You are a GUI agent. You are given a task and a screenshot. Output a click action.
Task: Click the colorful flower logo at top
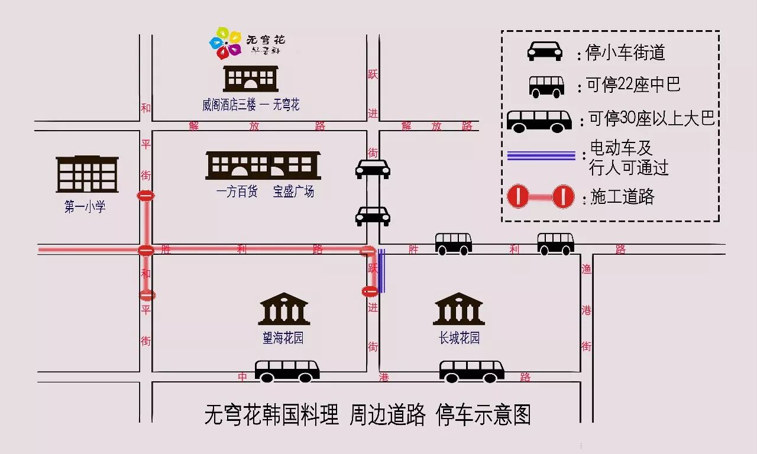click(225, 43)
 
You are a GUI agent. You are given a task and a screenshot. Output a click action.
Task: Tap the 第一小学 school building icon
click(87, 174)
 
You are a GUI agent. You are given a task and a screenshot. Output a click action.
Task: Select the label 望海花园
click(283, 338)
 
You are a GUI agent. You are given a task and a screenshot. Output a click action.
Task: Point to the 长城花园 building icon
click(459, 309)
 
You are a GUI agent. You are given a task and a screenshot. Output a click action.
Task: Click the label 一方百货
click(237, 192)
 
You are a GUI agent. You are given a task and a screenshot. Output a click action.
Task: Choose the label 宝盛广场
click(293, 192)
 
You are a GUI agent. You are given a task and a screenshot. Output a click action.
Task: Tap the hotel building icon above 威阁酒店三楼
click(250, 78)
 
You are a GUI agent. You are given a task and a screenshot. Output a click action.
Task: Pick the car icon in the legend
click(545, 51)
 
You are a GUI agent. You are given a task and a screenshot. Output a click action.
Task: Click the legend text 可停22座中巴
click(633, 85)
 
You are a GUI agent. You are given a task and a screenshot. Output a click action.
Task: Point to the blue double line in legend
click(541, 156)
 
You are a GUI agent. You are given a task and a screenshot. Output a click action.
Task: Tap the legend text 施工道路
click(623, 197)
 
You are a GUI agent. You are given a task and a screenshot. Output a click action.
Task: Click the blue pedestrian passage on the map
click(381, 271)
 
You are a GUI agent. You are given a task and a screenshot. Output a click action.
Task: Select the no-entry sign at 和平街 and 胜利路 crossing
click(146, 250)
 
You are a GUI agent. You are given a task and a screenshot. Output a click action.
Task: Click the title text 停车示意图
click(483, 415)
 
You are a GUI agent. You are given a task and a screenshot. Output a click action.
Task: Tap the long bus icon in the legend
click(539, 121)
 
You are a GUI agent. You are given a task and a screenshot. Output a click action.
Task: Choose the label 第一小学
click(85, 207)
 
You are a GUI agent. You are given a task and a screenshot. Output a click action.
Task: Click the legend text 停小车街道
click(626, 53)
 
